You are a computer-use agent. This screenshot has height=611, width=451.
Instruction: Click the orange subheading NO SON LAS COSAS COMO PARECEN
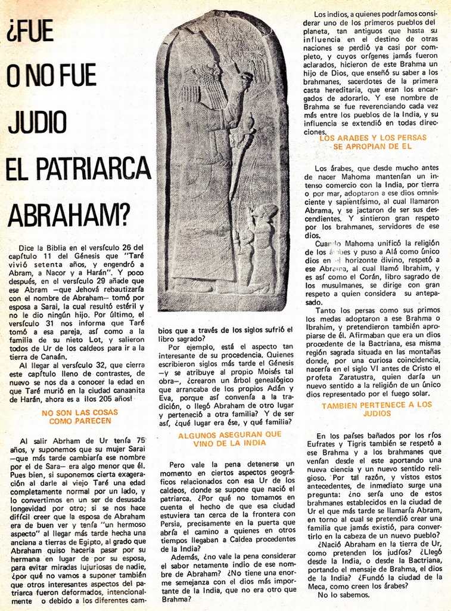tap(80, 416)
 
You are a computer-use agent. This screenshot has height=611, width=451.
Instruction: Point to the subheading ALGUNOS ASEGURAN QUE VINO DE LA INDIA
tap(230, 439)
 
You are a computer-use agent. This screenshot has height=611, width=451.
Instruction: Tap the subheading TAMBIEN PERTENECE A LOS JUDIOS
tap(377, 409)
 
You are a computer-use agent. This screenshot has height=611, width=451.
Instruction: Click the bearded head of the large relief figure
tap(203, 84)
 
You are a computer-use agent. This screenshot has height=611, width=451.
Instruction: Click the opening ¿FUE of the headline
tap(30, 30)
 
